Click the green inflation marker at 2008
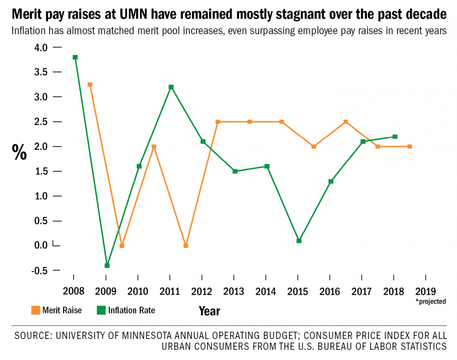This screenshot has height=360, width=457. tap(75, 57)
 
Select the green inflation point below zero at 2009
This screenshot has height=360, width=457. tap(107, 265)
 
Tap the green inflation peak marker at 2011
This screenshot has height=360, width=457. tap(171, 87)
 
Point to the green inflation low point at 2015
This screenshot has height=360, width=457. tap(299, 241)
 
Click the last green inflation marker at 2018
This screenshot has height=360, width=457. tap(395, 137)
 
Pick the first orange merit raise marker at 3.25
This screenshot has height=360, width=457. tap(90, 85)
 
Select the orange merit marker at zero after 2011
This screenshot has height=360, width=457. tap(186, 246)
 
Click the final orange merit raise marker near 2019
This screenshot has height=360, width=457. tap(409, 147)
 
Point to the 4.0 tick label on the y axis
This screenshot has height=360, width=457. tap(40, 48)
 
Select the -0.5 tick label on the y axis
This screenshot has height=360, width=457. tap(39, 270)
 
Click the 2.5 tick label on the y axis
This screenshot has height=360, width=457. tap(40, 122)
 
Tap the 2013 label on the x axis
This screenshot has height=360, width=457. tap(234, 291)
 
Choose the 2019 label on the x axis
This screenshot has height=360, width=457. tap(425, 291)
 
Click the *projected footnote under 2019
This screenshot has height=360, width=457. tap(430, 302)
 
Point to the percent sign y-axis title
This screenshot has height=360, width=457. tap(19, 152)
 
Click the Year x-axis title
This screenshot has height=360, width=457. tap(209, 311)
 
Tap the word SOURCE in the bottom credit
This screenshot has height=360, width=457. tap(32, 335)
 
